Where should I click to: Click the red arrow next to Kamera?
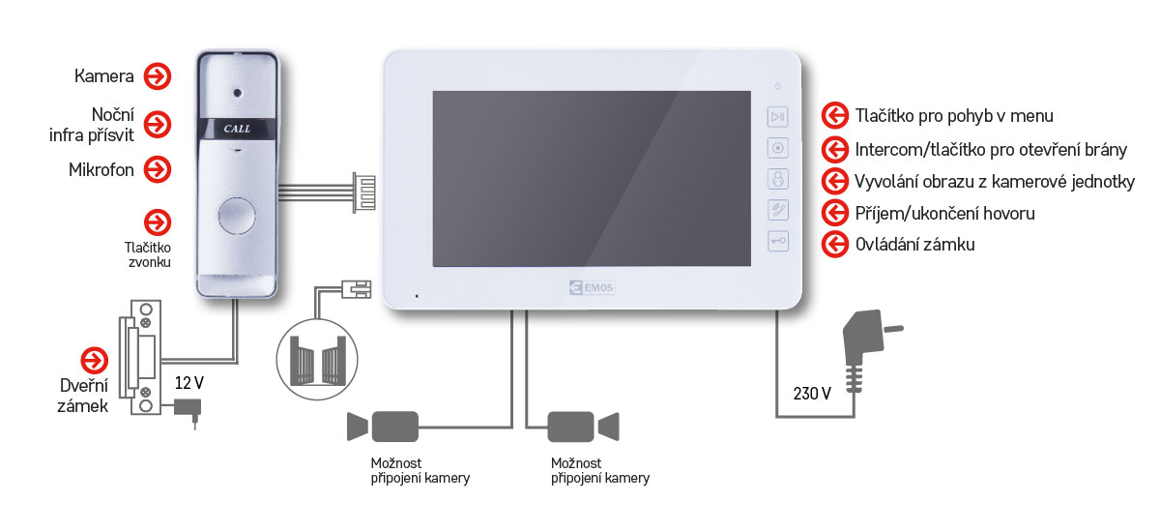tap(157, 75)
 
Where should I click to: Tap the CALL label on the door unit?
tap(236, 128)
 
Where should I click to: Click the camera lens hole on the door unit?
tap(236, 94)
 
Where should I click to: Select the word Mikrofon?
tap(101, 170)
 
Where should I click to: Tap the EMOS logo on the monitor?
tap(587, 288)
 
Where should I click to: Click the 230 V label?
tap(812, 393)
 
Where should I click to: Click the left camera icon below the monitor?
tap(383, 426)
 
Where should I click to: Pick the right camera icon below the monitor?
tap(583, 426)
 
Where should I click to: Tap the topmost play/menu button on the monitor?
tap(778, 116)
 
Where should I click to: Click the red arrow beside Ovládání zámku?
tap(833, 244)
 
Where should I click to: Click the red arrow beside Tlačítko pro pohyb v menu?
tap(833, 116)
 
